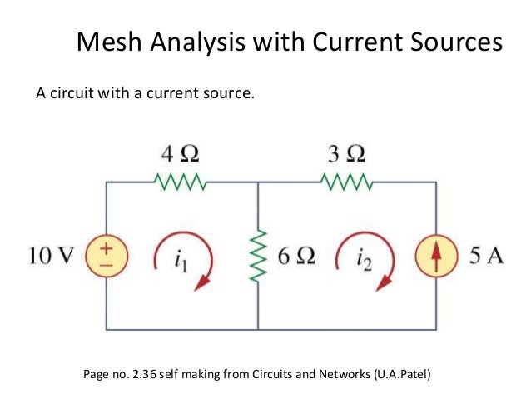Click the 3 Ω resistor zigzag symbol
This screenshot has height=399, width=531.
pos(345,182)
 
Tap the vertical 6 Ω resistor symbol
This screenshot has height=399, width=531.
pos(258,255)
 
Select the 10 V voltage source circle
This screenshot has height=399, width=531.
pos(107,254)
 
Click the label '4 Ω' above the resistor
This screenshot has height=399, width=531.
pos(180,155)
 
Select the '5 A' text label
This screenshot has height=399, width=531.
pos(485,255)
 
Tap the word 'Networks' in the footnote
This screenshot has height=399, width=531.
pos(335,374)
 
